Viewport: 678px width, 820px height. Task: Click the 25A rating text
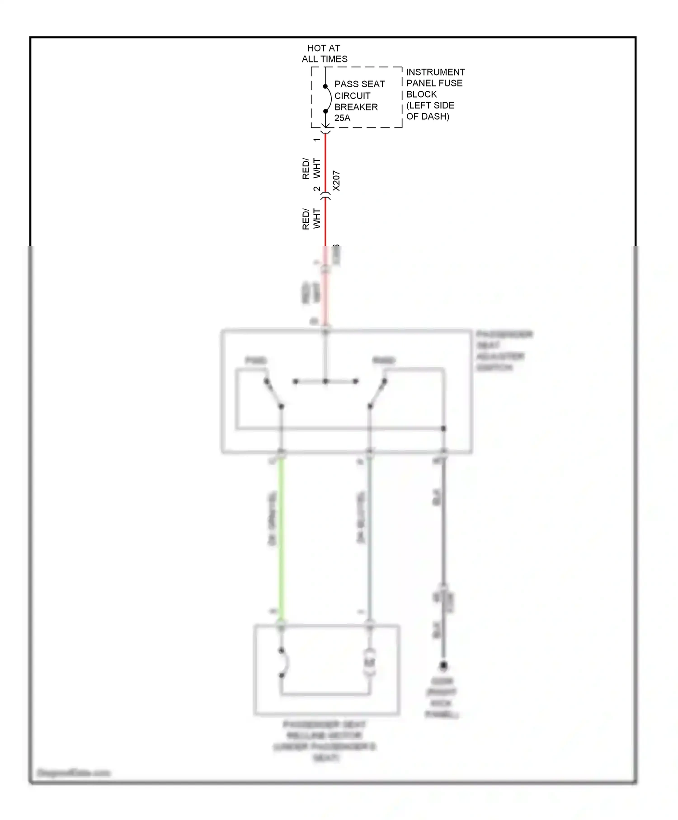pos(342,118)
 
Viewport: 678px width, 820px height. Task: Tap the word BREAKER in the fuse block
pos(356,107)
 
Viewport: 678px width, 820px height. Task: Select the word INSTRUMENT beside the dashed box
pos(435,72)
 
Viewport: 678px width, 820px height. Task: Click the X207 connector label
pos(336,181)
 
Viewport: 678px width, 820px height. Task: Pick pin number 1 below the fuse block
pos(317,140)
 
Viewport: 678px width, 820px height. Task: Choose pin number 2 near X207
pos(317,189)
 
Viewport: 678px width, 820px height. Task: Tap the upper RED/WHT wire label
pos(311,169)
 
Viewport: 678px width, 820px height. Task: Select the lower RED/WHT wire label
pos(311,219)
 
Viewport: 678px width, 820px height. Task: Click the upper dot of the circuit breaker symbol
pos(325,86)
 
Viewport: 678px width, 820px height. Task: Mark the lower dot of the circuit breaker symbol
pos(325,111)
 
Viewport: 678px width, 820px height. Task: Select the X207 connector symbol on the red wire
pos(325,196)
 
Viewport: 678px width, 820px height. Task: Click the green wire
pos(281,538)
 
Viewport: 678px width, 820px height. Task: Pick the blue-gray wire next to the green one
pos(370,538)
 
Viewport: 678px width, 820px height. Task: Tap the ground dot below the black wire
pos(443,665)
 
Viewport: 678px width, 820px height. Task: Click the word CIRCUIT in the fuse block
pos(352,96)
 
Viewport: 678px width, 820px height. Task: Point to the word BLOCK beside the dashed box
pos(421,94)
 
